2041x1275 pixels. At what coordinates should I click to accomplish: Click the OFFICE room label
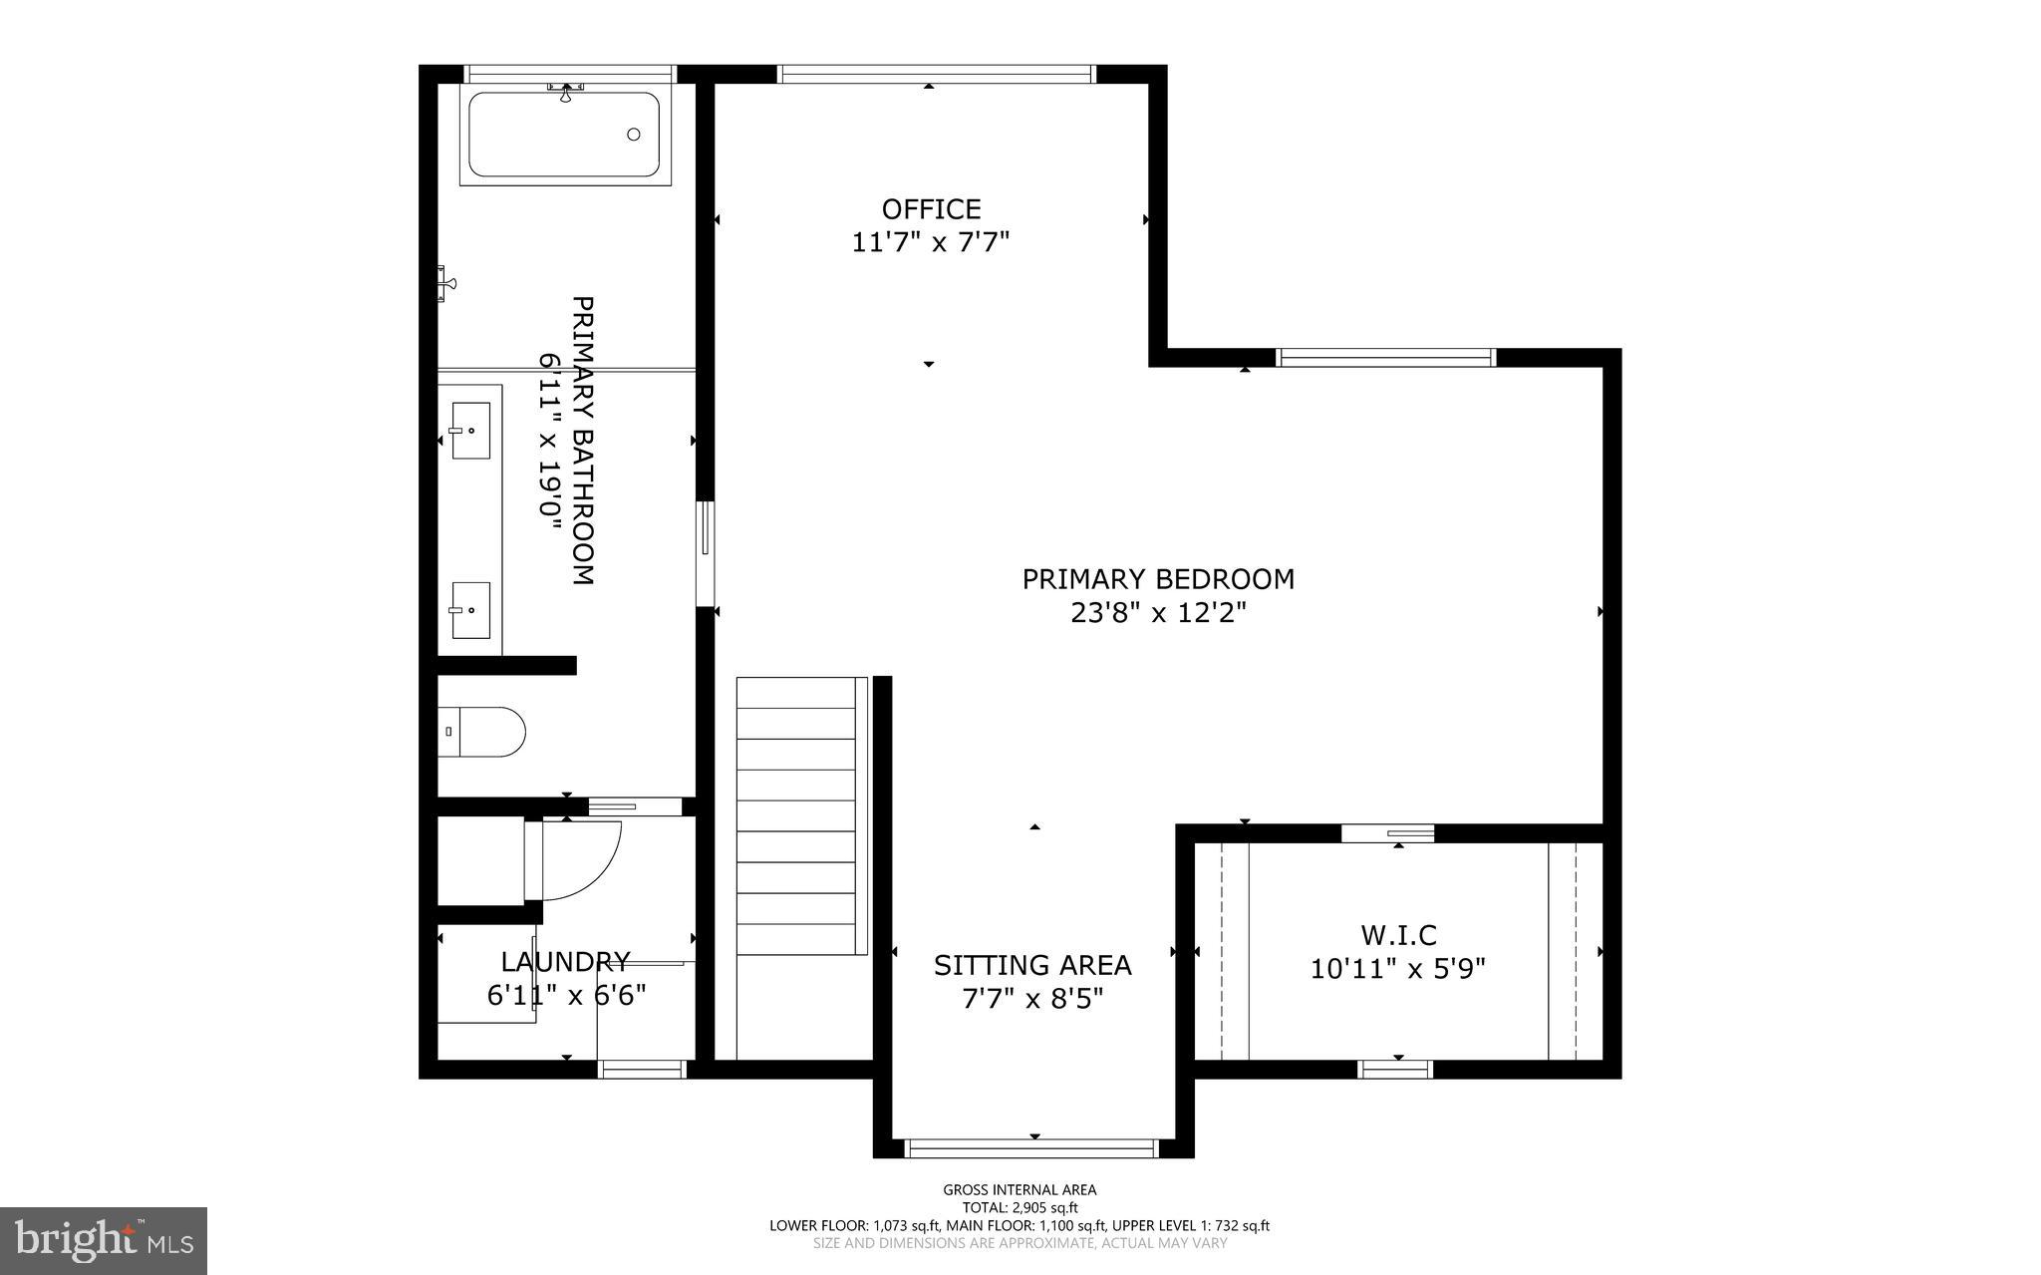(931, 209)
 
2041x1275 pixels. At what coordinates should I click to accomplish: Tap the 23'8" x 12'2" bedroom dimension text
(1158, 612)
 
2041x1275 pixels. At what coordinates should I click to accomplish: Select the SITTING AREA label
(1032, 965)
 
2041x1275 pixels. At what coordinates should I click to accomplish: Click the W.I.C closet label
(1398, 935)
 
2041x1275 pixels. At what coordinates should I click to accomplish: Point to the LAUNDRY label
(565, 961)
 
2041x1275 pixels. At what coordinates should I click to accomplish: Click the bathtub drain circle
(634, 135)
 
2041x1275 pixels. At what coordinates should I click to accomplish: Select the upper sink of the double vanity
(470, 431)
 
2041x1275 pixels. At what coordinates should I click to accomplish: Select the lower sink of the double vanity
(470, 609)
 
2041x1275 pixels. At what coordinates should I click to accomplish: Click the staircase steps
(797, 817)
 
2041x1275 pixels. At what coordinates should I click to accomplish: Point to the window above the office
(935, 74)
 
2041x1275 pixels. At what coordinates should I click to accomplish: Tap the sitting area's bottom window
(1031, 1147)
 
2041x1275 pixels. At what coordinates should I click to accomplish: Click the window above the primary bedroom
(1386, 357)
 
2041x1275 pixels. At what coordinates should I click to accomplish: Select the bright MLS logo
(104, 1240)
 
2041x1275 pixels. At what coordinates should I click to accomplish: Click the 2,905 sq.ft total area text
(1020, 1207)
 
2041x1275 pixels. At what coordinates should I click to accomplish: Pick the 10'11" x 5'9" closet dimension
(1397, 968)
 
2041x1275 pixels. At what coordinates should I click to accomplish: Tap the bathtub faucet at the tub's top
(565, 92)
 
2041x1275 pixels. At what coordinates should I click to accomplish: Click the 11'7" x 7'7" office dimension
(931, 242)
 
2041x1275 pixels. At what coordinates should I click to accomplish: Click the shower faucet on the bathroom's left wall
(446, 283)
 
